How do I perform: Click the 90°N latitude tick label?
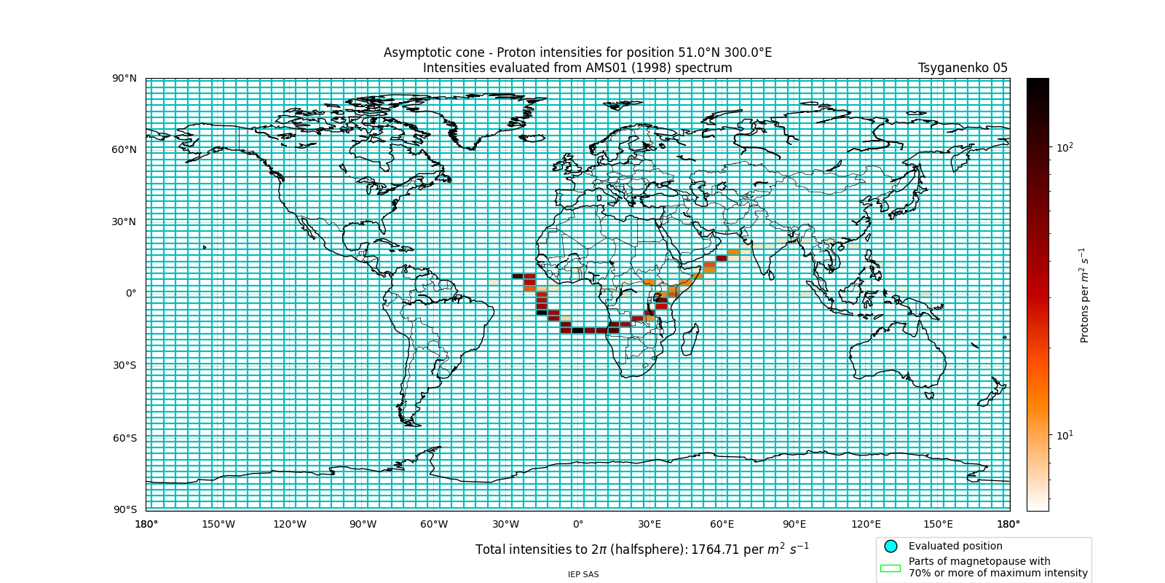124,78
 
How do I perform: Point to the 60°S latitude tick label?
124,438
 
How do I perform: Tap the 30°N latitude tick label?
124,222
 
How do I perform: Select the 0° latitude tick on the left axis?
131,293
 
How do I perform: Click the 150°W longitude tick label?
218,524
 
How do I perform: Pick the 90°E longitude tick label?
794,524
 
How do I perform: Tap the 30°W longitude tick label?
505,524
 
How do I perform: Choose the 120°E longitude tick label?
866,524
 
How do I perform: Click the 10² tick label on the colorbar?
1065,148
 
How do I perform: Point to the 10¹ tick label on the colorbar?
1065,436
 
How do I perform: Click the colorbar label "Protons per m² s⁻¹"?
1084,295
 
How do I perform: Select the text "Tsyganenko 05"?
963,68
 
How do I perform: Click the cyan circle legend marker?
890,546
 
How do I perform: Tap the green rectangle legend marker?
890,568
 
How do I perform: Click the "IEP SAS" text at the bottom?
583,574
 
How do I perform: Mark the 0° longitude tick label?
578,524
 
